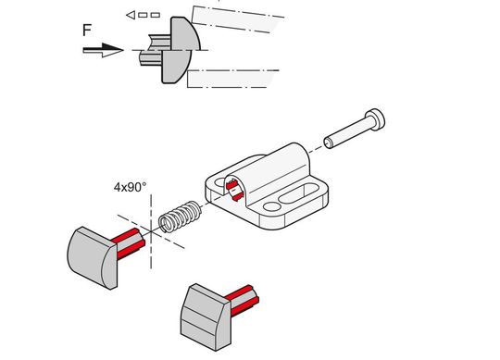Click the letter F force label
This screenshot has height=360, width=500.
point(87,30)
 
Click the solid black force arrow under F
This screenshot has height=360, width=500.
point(103,50)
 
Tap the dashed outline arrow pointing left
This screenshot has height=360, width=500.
point(143,15)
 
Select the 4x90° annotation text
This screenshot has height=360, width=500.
point(131,187)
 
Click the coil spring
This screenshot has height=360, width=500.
point(181,217)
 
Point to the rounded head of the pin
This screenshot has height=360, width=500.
point(375,119)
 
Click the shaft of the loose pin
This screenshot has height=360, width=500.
point(347,133)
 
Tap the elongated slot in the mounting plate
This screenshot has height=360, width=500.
point(298,193)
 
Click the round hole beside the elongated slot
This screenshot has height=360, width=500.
point(272,206)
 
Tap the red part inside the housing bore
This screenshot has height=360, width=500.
point(234,190)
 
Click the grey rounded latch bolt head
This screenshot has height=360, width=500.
point(93,257)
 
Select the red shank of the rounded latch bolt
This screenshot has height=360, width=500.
point(128,243)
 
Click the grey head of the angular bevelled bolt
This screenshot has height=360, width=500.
point(206,317)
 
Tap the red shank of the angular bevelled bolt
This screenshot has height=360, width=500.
point(243,300)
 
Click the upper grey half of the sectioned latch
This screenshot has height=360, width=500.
point(184,34)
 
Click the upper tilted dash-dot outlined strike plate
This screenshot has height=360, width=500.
point(237,19)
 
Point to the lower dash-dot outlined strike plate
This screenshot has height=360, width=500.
point(232,79)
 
